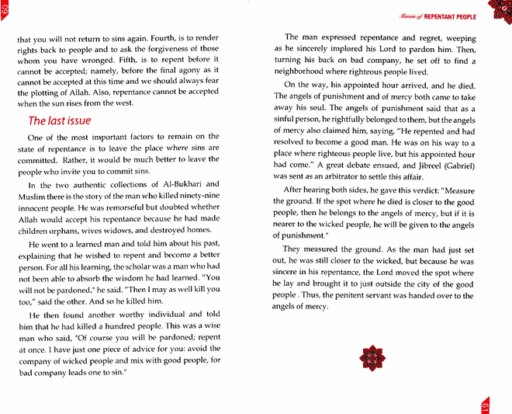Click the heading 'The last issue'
click(x=60, y=120)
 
